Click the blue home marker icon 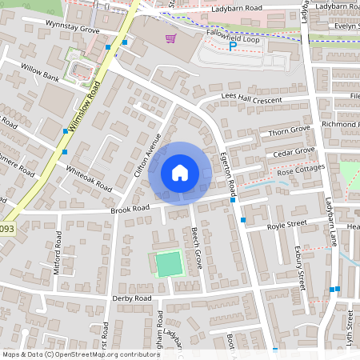pyautogui.click(x=180, y=172)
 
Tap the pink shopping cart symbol pyautogui.click(x=170, y=38)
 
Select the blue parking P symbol pyautogui.click(x=233, y=47)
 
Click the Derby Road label pyautogui.click(x=132, y=298)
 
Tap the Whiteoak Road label pyautogui.click(x=90, y=178)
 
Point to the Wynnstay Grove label pyautogui.click(x=72, y=30)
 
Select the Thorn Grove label pyautogui.click(x=289, y=130)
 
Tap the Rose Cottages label pyautogui.click(x=301, y=170)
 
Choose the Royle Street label pyautogui.click(x=287, y=224)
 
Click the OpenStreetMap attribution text pyautogui.click(x=80, y=354)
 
